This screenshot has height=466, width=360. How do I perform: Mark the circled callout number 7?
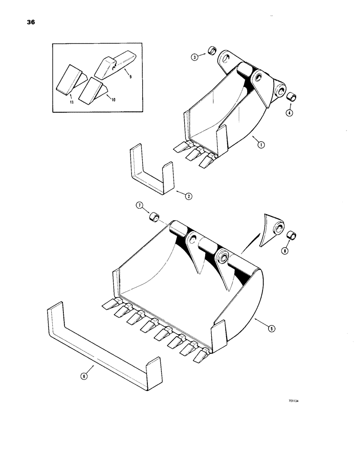point(139,206)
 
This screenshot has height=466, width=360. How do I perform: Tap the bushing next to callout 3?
point(211,50)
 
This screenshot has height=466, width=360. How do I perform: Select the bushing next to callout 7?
point(153,217)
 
